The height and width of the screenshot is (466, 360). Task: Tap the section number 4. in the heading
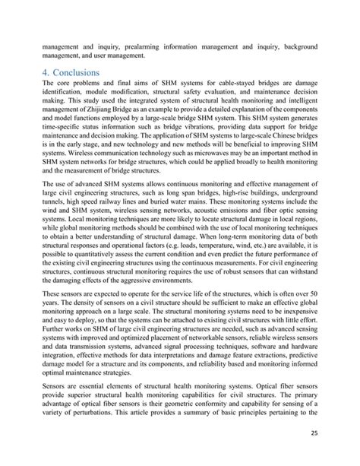(x=49, y=74)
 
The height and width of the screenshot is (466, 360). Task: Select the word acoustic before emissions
(x=217, y=224)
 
